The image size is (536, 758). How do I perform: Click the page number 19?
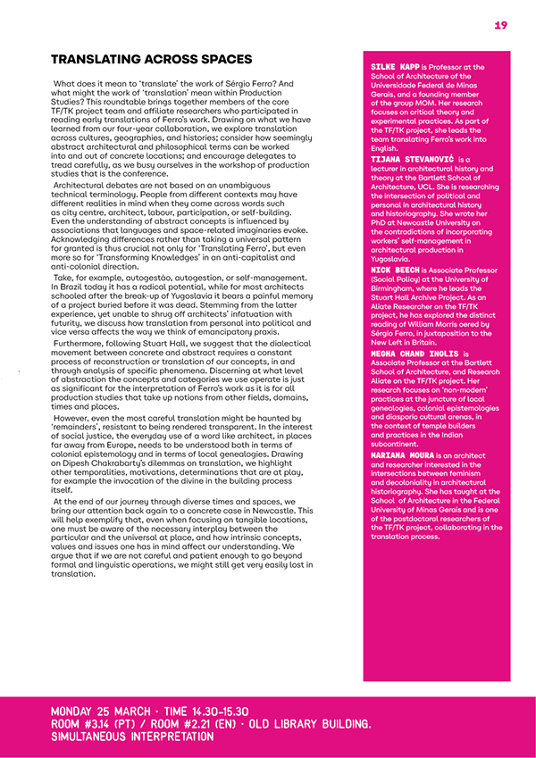(500, 25)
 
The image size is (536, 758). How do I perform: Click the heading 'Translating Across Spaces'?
(151, 60)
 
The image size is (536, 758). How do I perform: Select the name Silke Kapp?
(394, 67)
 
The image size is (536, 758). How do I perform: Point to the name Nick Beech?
(394, 269)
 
